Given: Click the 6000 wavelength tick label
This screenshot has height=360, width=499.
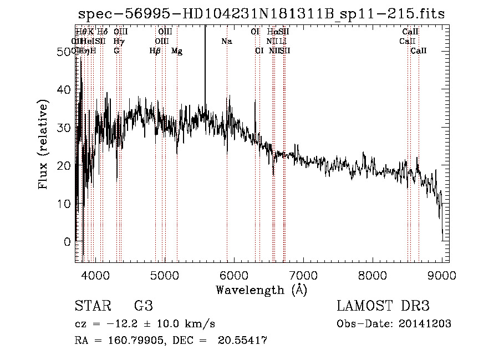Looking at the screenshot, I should point(234,275).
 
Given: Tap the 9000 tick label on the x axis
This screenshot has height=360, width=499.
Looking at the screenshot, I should point(442,275).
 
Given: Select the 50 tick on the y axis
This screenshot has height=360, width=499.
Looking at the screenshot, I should point(65,51).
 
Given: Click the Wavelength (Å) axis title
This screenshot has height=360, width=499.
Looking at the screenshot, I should point(261,290).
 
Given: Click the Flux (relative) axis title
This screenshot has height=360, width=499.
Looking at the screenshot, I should point(43,145).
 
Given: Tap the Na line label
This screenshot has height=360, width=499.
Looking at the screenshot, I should point(226,41).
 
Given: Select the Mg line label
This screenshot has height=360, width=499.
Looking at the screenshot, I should point(177,50).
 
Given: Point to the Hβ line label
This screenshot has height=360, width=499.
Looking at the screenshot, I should point(155,50).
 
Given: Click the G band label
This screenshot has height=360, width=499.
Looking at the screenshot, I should point(116,50).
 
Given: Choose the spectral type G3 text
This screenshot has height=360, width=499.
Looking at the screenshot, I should point(144,307).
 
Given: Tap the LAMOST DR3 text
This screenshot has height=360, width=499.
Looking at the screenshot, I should point(383,307).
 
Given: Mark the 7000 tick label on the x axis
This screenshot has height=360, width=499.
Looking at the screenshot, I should point(303,275).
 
